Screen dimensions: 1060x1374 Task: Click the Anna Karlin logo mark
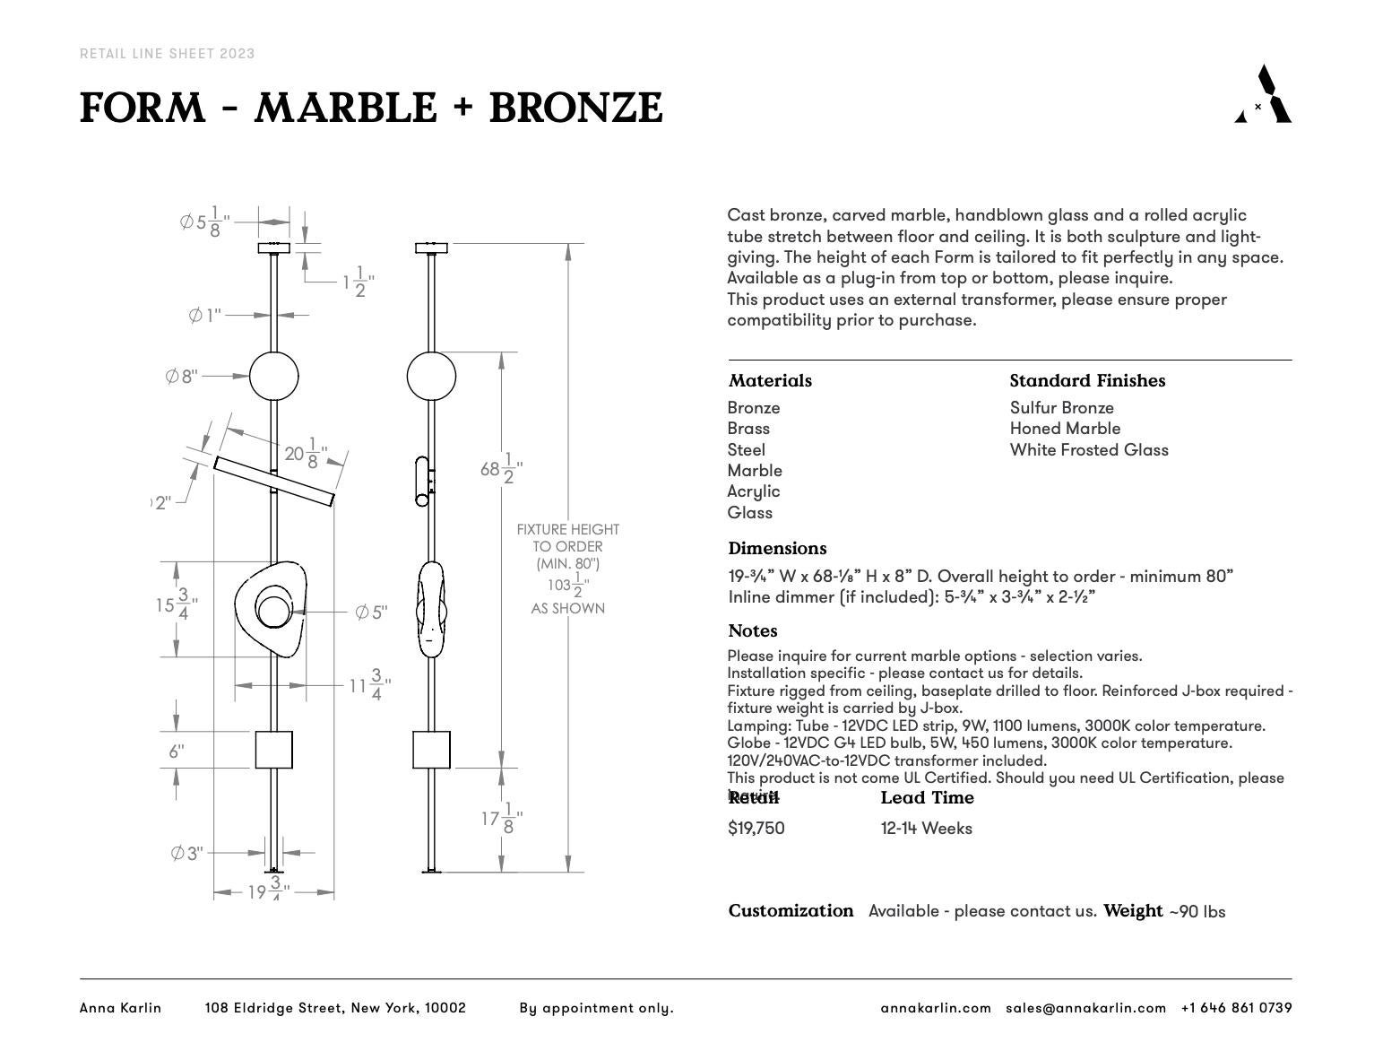(1264, 94)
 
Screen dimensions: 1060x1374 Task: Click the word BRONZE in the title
(575, 109)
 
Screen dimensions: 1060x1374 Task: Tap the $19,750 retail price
(756, 829)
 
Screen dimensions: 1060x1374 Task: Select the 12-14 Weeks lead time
(926, 829)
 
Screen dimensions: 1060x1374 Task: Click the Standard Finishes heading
(1087, 381)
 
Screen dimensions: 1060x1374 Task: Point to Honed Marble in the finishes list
(1065, 429)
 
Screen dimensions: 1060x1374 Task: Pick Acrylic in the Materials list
(754, 491)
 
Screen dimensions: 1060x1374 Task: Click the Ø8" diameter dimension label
(182, 377)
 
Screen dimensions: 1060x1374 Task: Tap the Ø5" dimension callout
(371, 613)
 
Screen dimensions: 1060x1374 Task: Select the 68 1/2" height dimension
(501, 469)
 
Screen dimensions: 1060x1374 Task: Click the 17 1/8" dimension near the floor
(501, 819)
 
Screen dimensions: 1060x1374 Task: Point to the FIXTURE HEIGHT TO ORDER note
(567, 546)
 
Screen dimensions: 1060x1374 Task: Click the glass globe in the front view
(273, 377)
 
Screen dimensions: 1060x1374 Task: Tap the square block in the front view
(273, 750)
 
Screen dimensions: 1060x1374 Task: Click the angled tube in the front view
(273, 482)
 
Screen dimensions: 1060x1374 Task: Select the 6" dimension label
(177, 752)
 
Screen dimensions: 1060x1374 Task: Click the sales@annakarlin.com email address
(1085, 1008)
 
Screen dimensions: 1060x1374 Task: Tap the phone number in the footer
(1236, 1008)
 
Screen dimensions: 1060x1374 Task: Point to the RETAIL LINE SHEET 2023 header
(168, 54)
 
